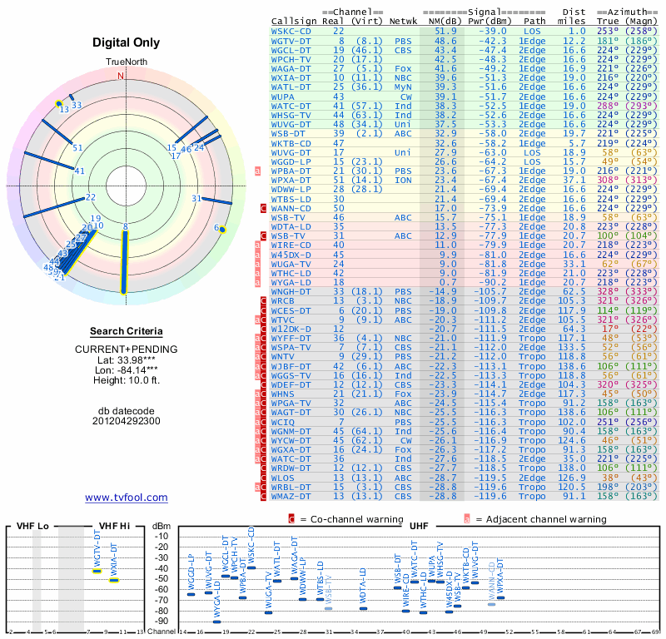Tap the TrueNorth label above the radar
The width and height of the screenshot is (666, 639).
[x=125, y=62]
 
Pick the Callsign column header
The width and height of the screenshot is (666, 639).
[x=294, y=20]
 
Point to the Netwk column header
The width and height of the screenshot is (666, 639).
[x=404, y=20]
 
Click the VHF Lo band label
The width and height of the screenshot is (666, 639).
[x=31, y=525]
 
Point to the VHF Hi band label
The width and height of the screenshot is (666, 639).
[x=114, y=525]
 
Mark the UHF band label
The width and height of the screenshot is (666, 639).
[x=419, y=525]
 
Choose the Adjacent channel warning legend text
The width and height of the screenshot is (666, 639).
[x=540, y=519]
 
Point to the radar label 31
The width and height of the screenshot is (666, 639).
[x=196, y=198]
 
